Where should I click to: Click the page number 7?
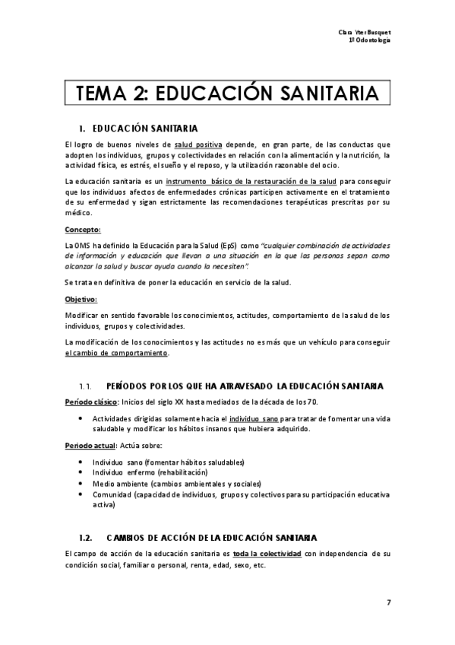[x=388, y=603]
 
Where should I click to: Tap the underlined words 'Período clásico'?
[x=90, y=401]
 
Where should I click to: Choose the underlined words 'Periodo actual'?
[x=90, y=444]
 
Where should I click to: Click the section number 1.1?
[x=85, y=386]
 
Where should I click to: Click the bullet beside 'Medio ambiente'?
[x=81, y=483]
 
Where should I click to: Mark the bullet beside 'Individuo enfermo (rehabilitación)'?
[x=81, y=472]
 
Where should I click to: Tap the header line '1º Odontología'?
[x=370, y=40]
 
